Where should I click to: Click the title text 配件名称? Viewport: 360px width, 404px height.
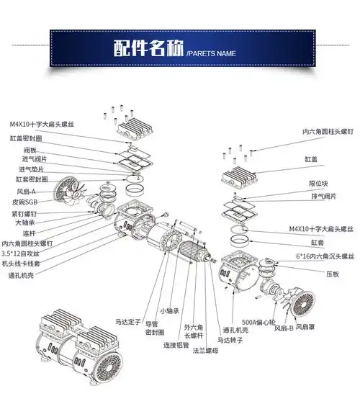point(148,49)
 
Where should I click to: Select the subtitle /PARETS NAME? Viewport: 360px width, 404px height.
point(212,53)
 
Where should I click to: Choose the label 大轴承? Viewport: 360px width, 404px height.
point(25,223)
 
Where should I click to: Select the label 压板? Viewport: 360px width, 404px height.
point(332,274)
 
